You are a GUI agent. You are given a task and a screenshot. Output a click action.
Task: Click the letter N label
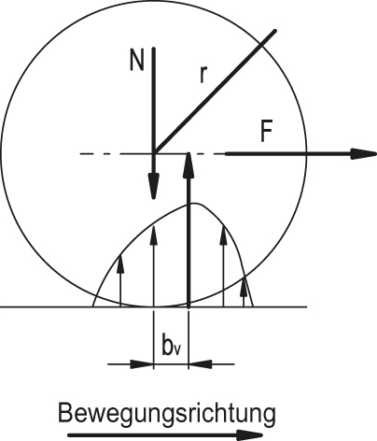(x=137, y=61)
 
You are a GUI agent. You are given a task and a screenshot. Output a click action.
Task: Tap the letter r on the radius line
(x=203, y=75)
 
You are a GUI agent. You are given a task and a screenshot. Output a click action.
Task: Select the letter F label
(x=266, y=132)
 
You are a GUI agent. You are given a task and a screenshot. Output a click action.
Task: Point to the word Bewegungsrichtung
(x=167, y=414)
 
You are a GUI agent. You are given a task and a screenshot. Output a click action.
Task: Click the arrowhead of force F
(x=364, y=154)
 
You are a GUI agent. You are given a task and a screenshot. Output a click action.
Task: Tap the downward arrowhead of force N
(x=153, y=186)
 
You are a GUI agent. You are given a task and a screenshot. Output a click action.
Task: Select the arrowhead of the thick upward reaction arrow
(x=188, y=165)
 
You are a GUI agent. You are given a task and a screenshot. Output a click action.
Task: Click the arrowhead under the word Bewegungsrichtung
(x=249, y=435)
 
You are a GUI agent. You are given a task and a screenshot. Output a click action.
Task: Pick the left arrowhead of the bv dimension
(x=142, y=363)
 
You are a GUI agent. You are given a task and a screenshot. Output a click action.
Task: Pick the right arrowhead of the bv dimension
(x=201, y=363)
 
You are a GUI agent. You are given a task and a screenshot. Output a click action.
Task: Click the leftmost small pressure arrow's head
(x=120, y=264)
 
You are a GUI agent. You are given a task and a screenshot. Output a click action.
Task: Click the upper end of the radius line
(x=275, y=31)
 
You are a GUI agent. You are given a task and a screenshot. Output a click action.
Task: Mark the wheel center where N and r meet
(x=154, y=153)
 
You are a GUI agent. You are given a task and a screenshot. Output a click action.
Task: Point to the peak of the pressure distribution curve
(x=194, y=204)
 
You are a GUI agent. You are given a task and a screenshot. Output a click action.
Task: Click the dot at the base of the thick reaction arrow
(x=188, y=307)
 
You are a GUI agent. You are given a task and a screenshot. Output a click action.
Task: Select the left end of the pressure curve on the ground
(x=92, y=306)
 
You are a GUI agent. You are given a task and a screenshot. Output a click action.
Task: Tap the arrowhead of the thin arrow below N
(x=153, y=236)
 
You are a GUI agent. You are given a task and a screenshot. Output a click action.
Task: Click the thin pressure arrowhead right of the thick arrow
(x=223, y=235)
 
